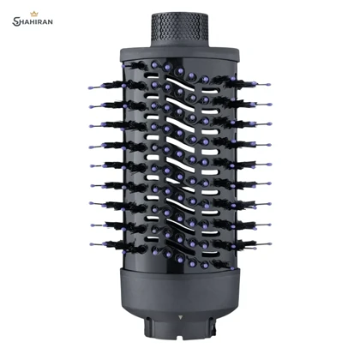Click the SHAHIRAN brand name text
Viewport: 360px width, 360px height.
coord(33,21)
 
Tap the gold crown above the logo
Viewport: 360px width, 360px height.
coord(34,14)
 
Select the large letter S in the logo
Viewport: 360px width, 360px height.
coord(15,21)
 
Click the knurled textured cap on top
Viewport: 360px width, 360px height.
coord(179,29)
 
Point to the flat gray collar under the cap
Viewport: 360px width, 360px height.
coord(179,53)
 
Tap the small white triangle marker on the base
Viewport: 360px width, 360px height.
coord(180,317)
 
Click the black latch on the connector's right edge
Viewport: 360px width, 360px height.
coord(213,327)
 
